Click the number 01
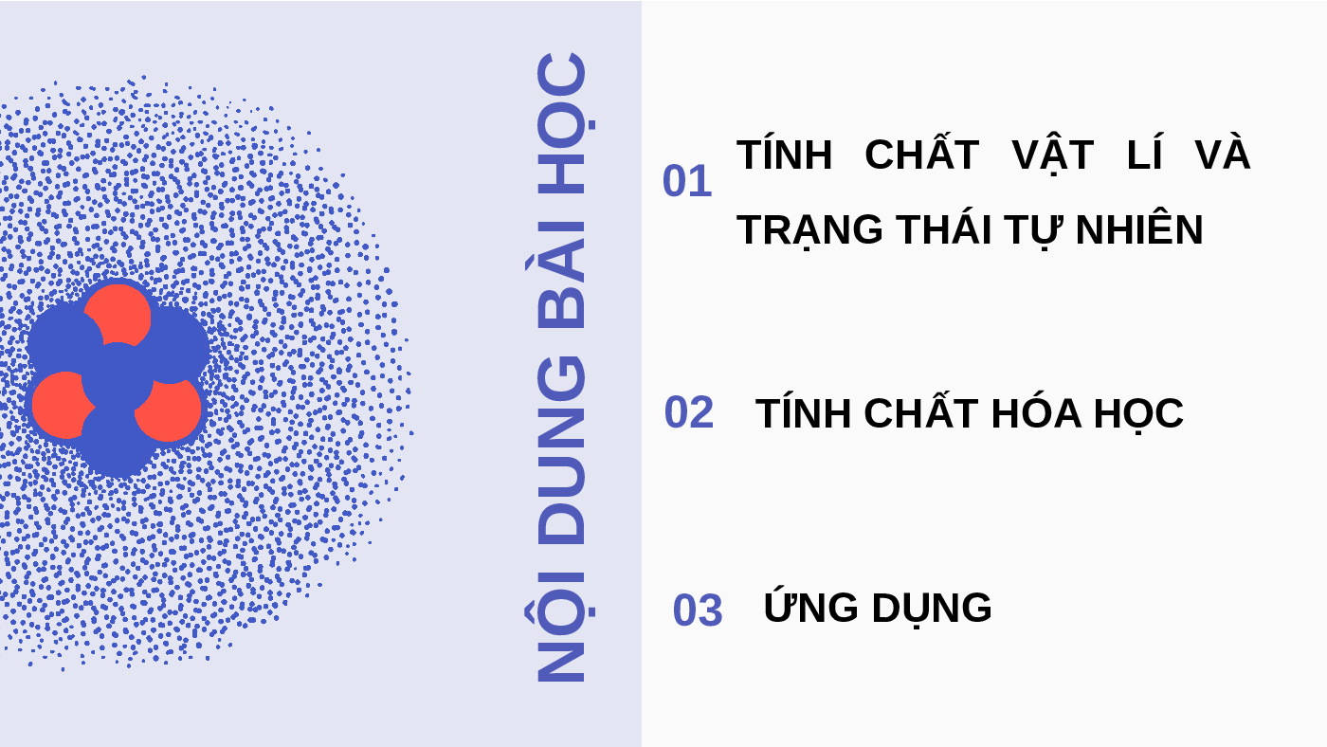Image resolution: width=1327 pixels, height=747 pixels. (687, 181)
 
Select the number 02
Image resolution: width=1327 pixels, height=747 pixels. (689, 412)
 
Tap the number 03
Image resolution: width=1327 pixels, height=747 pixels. (698, 610)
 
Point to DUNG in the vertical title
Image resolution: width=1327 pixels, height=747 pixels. (561, 449)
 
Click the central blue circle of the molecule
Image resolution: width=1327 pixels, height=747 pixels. (118, 379)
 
